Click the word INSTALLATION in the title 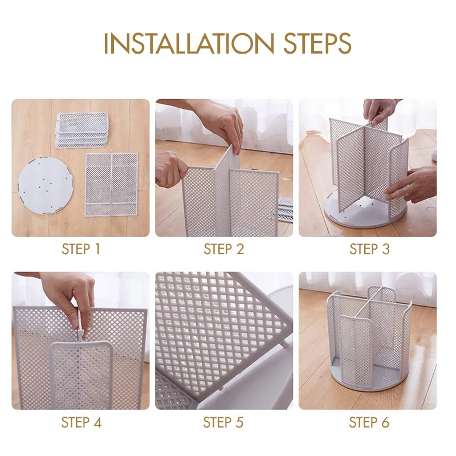(189, 43)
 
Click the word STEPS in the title (317, 43)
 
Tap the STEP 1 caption (81, 249)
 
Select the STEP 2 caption (223, 249)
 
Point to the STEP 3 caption (369, 249)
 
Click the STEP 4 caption (81, 422)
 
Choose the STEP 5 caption (223, 422)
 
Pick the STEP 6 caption (369, 422)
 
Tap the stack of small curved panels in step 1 (82, 130)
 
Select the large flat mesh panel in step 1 (111, 184)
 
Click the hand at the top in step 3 (381, 112)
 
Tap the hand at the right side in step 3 (413, 185)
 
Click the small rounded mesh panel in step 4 (81, 375)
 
